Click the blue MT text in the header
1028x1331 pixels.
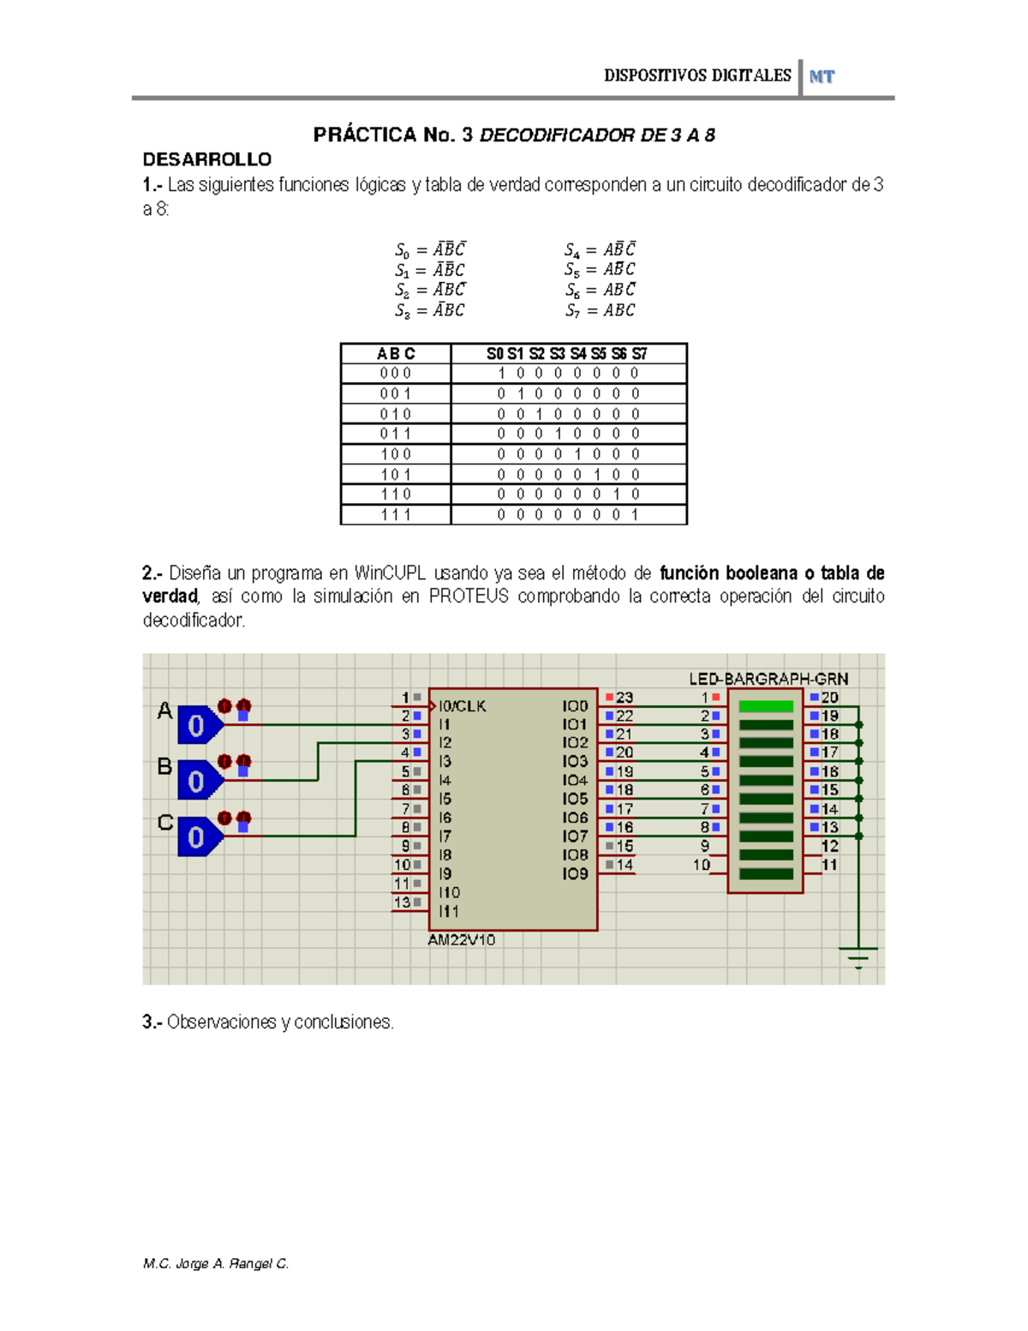coord(822,76)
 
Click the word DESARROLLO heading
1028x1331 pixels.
coord(206,159)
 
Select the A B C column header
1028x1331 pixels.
coord(396,353)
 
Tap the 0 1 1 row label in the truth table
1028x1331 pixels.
coord(396,434)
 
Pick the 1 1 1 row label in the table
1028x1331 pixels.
coord(396,514)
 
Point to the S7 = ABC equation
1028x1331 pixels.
coord(600,310)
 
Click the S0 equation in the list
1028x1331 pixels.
coord(430,249)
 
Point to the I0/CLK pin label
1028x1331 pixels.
coord(463,706)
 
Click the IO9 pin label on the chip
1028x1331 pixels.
coord(575,873)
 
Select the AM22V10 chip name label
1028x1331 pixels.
coord(461,939)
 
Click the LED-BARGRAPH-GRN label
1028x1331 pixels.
coord(768,679)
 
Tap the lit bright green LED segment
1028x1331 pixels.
coord(766,706)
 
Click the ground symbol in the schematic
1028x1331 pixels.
coord(858,956)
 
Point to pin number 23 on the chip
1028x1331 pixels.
coord(625,698)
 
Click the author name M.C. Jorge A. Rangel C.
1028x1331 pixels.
coord(216,1263)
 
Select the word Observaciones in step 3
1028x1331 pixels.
coord(221,1022)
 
